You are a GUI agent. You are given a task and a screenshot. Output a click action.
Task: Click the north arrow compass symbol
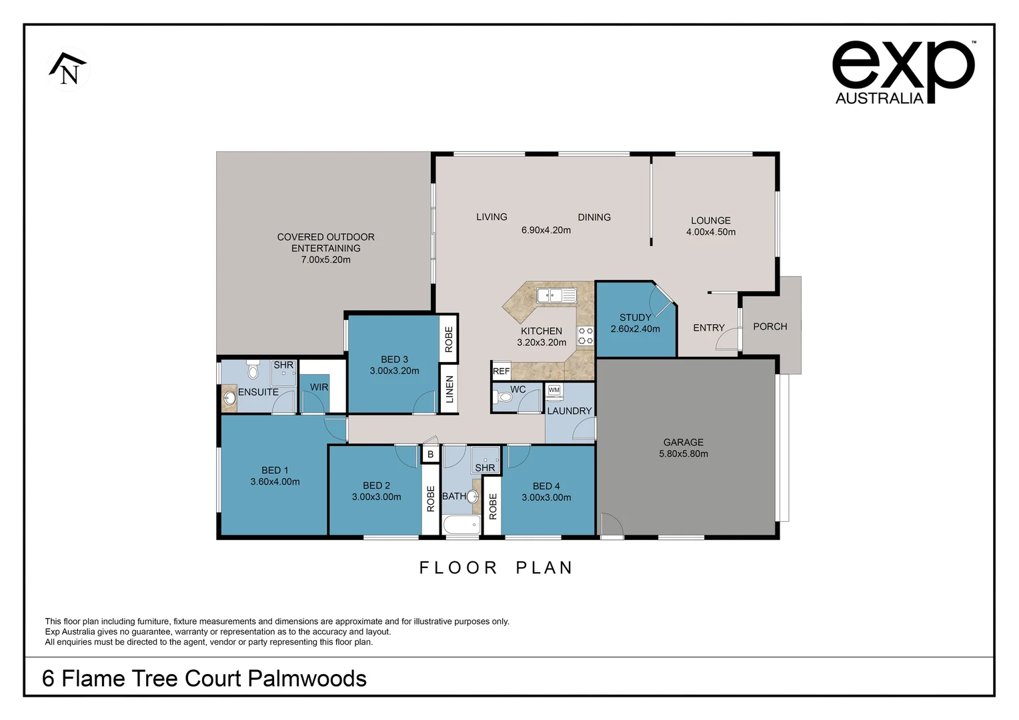tap(68, 69)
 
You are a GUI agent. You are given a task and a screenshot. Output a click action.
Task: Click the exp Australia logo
tap(903, 72)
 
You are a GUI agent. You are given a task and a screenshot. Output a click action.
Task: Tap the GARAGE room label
tap(683, 442)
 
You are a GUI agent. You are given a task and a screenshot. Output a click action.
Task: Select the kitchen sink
tap(556, 295)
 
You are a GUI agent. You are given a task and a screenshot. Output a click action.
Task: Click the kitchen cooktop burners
tap(586, 335)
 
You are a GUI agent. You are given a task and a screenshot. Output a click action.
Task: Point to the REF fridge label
tap(501, 371)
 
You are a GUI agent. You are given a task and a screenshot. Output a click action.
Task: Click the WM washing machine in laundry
tap(554, 391)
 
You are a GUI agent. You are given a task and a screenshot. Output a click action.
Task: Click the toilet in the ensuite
tap(253, 370)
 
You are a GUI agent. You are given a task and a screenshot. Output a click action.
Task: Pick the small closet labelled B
tap(430, 454)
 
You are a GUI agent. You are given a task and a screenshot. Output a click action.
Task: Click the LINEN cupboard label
tap(449, 389)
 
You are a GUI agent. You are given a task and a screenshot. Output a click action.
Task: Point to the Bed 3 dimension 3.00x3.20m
tap(394, 371)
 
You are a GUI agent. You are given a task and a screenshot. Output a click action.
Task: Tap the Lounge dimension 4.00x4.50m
tap(710, 232)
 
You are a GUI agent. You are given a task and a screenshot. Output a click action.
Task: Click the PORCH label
tap(770, 327)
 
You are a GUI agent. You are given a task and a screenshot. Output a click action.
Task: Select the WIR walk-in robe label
tap(319, 387)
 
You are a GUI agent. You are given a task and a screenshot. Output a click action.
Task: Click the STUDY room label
tap(635, 317)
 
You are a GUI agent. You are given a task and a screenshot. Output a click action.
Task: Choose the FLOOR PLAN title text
tap(496, 567)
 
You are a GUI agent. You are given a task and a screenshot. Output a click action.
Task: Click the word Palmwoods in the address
tap(307, 678)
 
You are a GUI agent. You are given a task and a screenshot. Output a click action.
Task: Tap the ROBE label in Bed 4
tap(493, 507)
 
